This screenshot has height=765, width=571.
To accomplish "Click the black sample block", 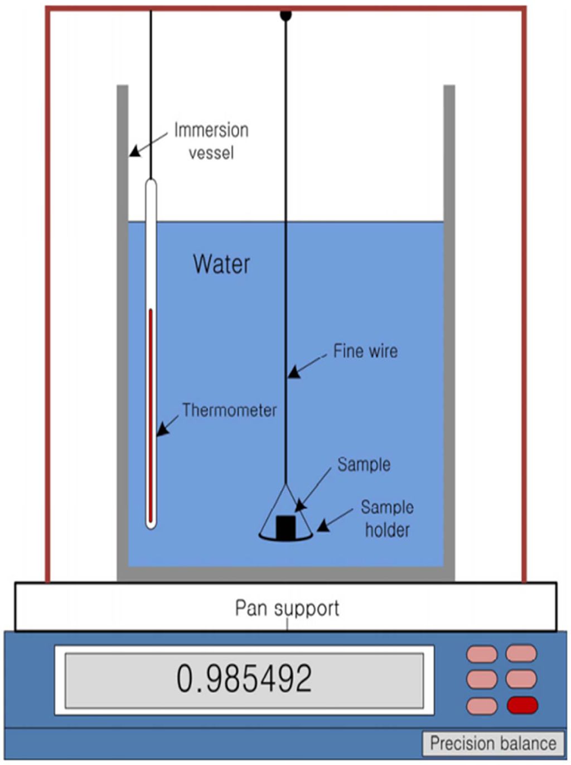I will point(285,527).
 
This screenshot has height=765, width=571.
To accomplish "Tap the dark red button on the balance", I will point(522,705).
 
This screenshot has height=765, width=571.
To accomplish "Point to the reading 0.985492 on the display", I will point(244,678).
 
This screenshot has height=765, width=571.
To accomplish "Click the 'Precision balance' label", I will point(493,744).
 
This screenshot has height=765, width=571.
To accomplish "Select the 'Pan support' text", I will point(287,608).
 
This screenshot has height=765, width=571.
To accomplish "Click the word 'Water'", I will point(221,264).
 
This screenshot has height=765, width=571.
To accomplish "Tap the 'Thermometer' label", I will point(229,410).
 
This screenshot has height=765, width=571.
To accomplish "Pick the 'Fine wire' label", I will point(365,351).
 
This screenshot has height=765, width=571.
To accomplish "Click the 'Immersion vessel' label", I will point(211,141).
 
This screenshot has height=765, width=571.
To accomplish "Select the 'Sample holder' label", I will point(387,519).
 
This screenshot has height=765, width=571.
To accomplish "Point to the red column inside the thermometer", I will point(151,413).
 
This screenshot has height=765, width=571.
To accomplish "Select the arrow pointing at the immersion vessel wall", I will point(148,144).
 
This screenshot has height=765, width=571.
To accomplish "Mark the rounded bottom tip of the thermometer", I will point(151,525).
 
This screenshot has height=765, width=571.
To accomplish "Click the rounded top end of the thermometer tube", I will point(151,182).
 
